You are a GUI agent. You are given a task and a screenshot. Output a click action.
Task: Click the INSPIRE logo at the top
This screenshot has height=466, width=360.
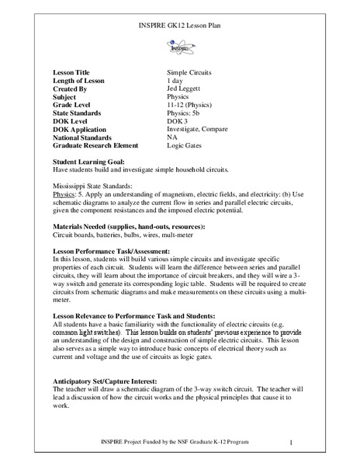(x=180, y=47)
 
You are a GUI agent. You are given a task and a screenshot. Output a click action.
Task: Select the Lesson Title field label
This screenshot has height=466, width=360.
(x=68, y=71)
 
